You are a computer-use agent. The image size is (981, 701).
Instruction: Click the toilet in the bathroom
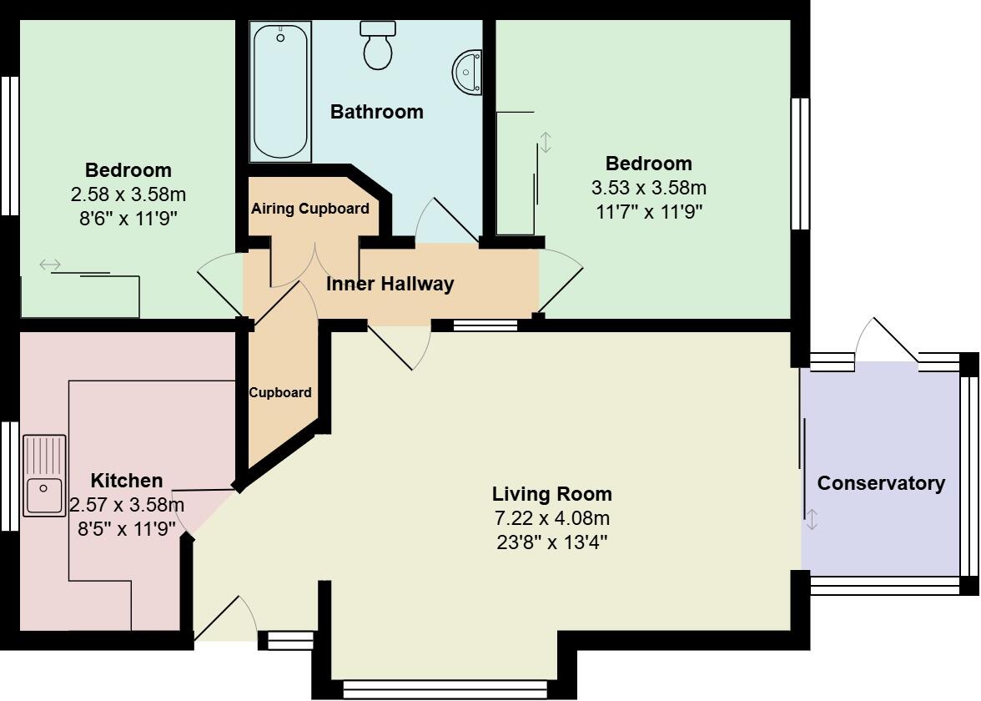[378, 45]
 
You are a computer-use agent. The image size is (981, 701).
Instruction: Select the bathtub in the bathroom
[280, 91]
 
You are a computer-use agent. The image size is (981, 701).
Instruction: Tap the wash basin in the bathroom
[469, 72]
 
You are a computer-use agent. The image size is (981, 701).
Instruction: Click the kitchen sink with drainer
[44, 476]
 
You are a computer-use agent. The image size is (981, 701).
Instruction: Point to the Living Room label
[551, 493]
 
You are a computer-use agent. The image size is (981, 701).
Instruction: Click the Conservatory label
[881, 483]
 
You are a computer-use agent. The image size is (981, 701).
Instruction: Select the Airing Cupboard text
[309, 209]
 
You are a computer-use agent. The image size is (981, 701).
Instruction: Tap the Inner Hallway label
[390, 284]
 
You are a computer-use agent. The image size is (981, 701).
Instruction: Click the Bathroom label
[376, 112]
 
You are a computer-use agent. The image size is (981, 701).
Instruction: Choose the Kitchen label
[127, 481]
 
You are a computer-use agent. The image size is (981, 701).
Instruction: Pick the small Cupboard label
[280, 392]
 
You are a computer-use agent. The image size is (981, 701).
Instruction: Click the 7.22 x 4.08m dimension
[551, 518]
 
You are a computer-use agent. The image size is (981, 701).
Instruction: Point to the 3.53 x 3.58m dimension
[648, 188]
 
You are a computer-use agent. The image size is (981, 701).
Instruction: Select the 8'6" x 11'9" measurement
[128, 219]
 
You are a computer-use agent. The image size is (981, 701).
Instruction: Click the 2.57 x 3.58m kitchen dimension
[127, 505]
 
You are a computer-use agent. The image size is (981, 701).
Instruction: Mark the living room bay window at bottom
[445, 688]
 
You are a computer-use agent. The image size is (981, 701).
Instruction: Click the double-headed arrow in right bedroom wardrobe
[546, 143]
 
